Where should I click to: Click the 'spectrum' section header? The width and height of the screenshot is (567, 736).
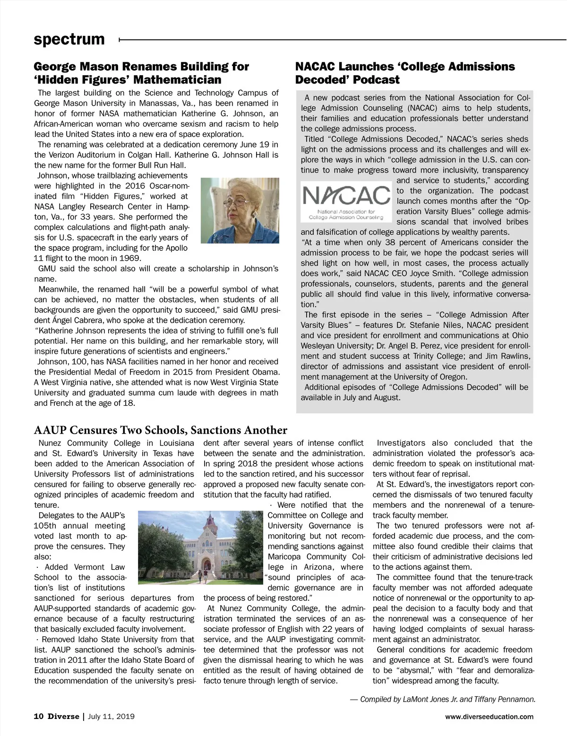pos(69,39)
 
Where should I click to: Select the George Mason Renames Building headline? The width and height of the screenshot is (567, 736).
pos(141,73)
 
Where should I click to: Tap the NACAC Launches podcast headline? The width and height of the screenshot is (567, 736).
pos(405,73)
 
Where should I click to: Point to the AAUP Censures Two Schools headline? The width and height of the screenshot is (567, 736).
pos(161,430)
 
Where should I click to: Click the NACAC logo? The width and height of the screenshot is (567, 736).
pos(346,201)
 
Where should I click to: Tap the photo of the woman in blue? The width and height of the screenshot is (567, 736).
pos(240,210)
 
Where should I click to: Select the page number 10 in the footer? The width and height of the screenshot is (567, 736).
pos(38,716)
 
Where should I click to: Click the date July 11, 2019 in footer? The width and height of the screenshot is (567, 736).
pos(112,716)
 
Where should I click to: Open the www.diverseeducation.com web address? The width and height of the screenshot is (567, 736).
pos(489,717)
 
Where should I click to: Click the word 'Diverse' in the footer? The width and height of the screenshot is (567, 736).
pos(63,716)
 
